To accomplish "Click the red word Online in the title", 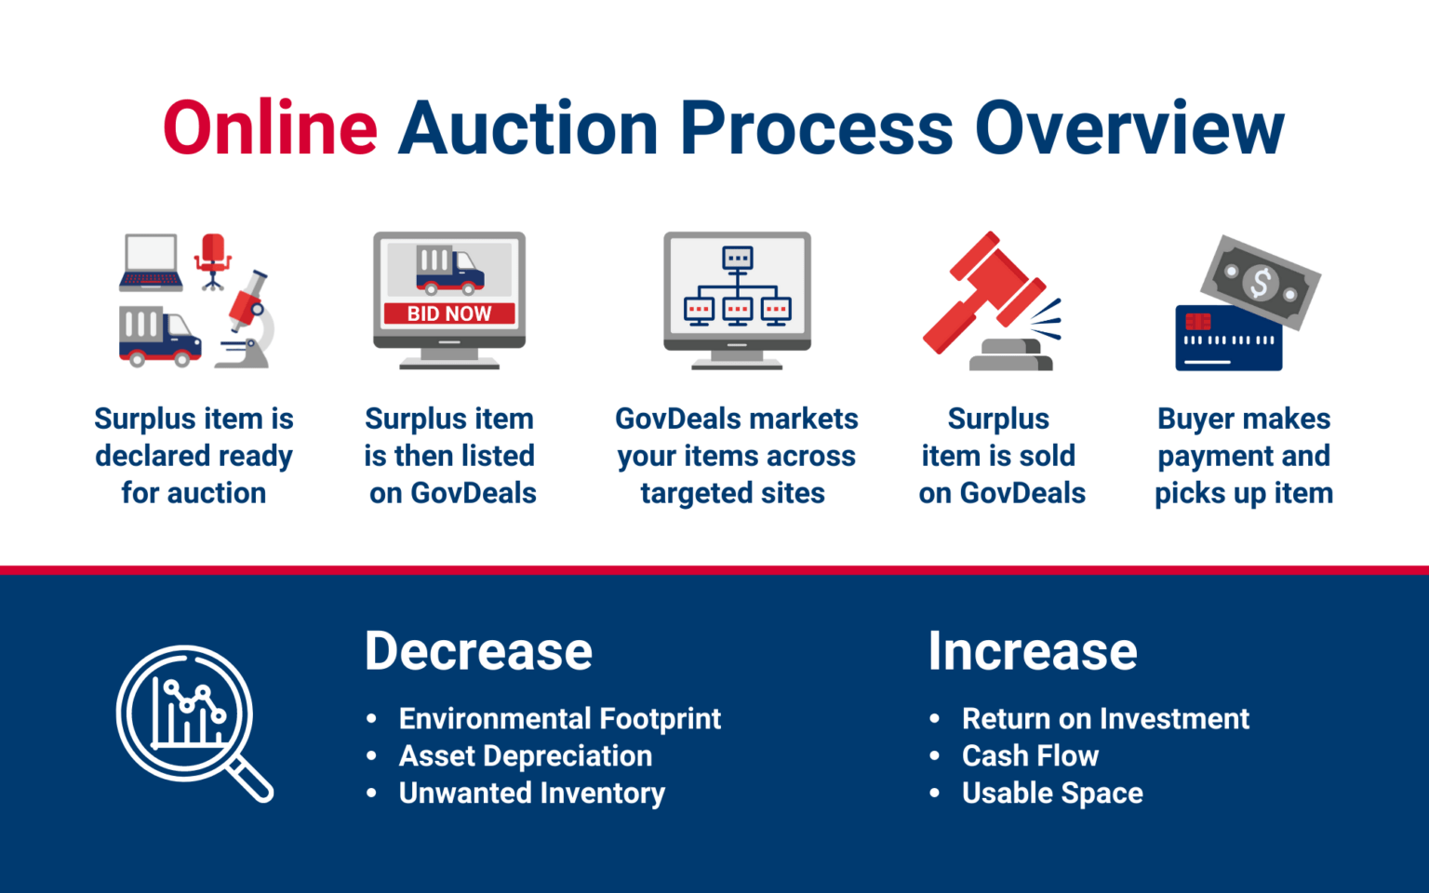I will coord(270,128).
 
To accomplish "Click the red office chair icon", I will coord(213,260).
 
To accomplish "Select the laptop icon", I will coord(151,262).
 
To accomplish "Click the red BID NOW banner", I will coord(449,313).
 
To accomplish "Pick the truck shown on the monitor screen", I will coord(449,270).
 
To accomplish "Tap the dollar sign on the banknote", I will coord(1261,282).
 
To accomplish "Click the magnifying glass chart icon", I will coord(194,722).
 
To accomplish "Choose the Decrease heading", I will coord(478,651).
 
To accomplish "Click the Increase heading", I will coord(1033,651).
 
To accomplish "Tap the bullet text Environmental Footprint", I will coord(559,719).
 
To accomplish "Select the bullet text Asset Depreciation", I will coord(526,756).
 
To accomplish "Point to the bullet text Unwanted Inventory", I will coord(531,793).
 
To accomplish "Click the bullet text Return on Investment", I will coord(1105,719).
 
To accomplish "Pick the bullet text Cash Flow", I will coord(1030,756).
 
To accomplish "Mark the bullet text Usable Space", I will coord(1052,793).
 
